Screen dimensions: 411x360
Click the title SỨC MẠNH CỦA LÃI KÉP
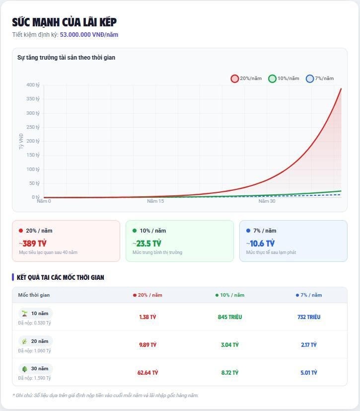point(65,22)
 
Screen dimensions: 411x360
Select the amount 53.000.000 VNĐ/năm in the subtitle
point(89,35)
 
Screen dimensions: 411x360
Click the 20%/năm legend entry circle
point(235,79)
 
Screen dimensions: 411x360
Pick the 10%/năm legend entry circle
point(272,79)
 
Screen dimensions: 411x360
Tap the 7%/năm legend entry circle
point(310,79)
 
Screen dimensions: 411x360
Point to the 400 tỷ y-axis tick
point(33,85)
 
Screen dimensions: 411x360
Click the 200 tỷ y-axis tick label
point(33,141)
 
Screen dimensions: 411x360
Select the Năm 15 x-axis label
point(155,201)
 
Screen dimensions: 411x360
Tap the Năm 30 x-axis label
point(267,201)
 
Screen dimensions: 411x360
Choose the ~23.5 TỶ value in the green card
point(147,244)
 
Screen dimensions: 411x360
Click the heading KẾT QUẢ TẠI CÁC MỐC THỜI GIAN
point(61,277)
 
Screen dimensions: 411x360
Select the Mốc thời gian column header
point(34,295)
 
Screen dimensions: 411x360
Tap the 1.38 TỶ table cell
point(147,317)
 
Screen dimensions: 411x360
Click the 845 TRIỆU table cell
point(230,317)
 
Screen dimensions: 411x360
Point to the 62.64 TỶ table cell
point(147,372)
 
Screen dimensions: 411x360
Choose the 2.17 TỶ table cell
point(308,345)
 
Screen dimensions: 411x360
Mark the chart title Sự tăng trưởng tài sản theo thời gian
point(67,58)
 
